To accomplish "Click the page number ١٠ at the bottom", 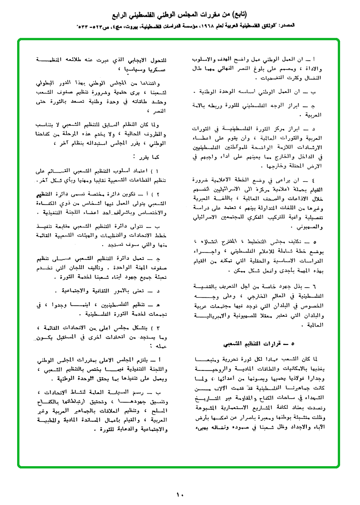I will [180, 494].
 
